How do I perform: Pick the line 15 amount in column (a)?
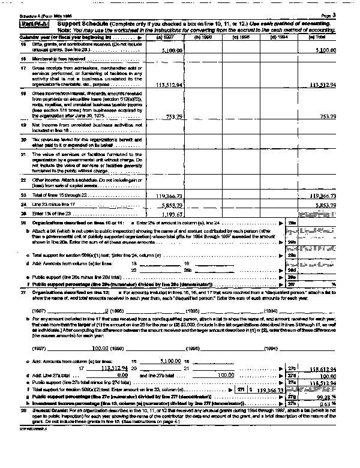[x=167, y=51]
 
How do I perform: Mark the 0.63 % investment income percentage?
[x=328, y=405]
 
